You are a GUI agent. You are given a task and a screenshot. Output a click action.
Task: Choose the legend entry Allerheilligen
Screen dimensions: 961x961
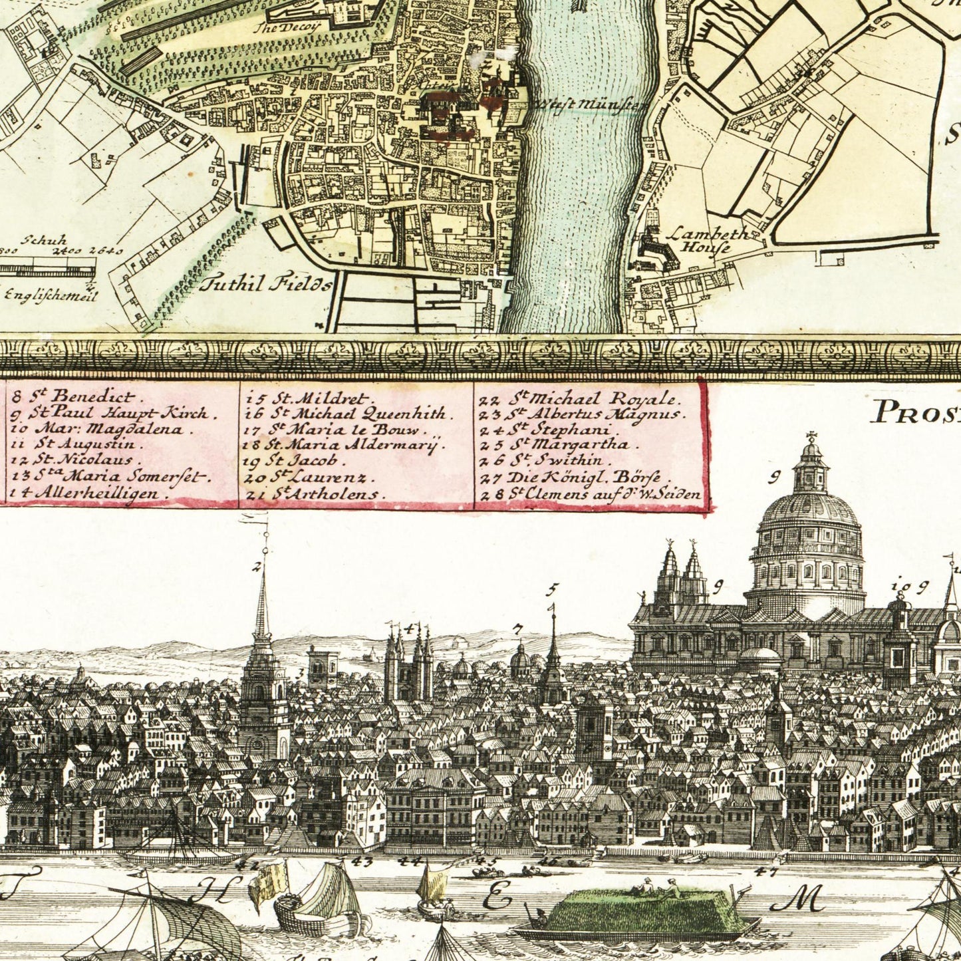point(87,493)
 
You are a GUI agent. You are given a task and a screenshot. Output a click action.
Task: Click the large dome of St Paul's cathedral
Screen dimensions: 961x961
point(809,515)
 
